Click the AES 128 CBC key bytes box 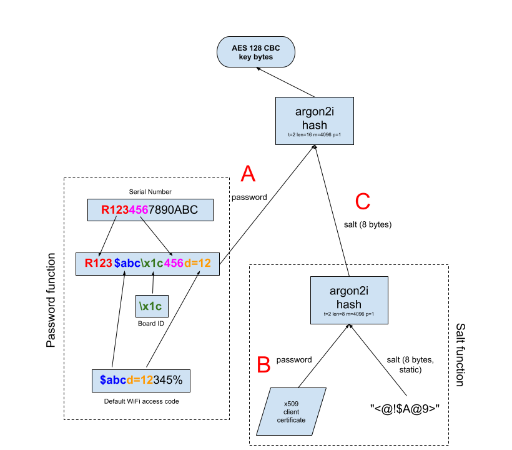point(256,52)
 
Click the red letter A point(248,174)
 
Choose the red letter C point(363,202)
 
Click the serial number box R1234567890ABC point(150,210)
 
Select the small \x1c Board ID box point(150,306)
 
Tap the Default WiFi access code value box point(141,379)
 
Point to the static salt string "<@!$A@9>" point(405,408)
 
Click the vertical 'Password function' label point(52,301)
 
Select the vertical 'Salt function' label point(460,354)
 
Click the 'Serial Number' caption point(150,192)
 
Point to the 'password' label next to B point(295,360)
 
